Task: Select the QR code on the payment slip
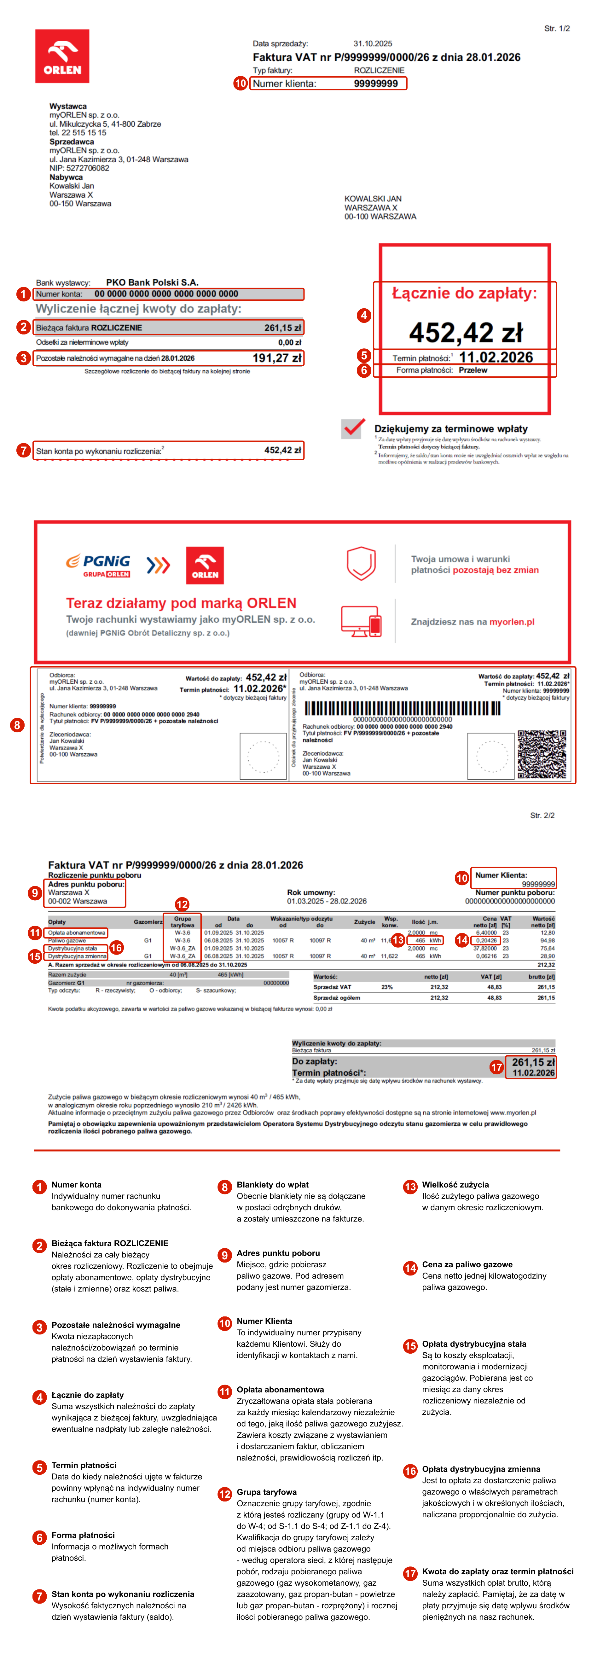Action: (x=541, y=754)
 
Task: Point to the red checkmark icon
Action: (x=352, y=428)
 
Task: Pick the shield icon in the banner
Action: (x=361, y=563)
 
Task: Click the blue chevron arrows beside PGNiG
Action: (x=158, y=565)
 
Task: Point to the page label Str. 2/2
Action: (x=542, y=815)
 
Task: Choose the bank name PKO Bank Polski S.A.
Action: (x=152, y=282)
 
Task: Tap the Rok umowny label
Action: (x=311, y=892)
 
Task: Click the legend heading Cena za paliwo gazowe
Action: (x=467, y=1264)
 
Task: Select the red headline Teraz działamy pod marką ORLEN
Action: (x=181, y=603)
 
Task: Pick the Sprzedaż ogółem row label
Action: (x=337, y=998)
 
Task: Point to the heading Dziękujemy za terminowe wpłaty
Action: (x=451, y=428)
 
